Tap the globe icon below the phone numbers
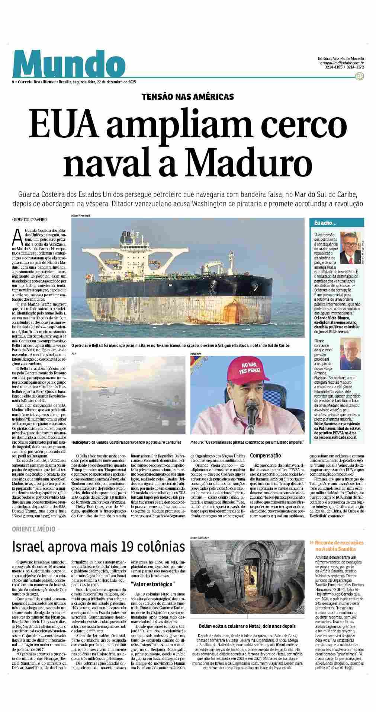coord(359,76)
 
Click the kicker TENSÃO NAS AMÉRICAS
coord(187,97)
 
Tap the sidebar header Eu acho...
coord(326,223)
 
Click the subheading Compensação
coord(265,456)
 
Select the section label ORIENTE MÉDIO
coord(34,529)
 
